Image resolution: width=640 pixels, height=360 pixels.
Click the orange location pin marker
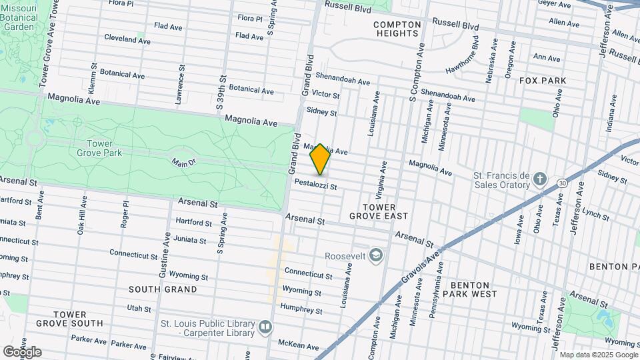point(321,159)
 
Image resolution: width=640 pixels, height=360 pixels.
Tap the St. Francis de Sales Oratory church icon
point(541,179)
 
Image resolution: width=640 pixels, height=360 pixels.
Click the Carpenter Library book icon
point(265,327)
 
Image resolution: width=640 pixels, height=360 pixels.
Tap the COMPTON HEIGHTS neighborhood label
point(397,29)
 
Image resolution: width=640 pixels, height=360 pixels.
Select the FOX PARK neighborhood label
point(543,81)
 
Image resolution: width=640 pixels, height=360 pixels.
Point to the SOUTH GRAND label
point(163,289)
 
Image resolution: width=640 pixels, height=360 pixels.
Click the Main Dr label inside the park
point(184,162)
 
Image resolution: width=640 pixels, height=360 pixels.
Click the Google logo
point(22,351)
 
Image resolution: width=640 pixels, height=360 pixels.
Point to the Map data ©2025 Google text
point(597,355)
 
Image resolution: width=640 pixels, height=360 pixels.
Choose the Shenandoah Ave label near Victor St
point(343,79)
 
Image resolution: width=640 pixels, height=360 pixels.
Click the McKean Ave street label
point(299,345)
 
